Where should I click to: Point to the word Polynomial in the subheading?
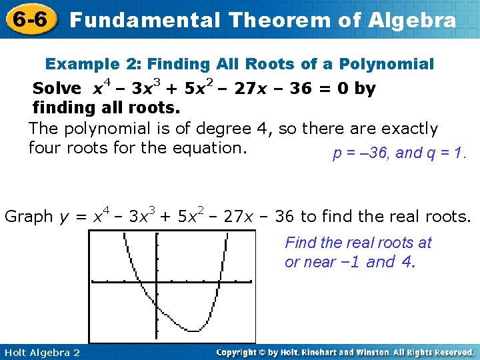pos(387,64)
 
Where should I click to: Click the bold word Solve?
pos(57,89)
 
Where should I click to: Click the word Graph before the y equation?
pos(29,217)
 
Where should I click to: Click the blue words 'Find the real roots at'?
pos(359,243)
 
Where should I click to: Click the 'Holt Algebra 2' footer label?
pos(41,352)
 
